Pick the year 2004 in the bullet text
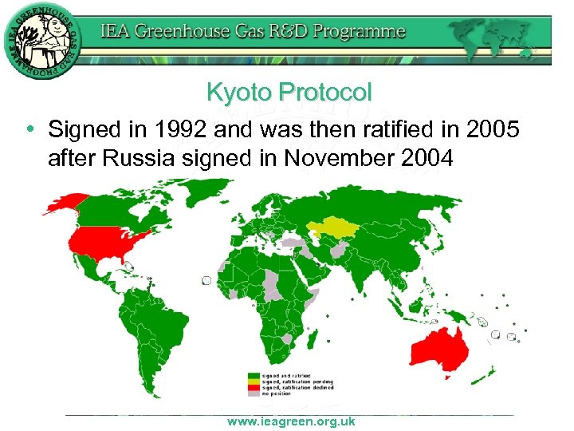(424, 160)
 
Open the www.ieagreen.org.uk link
(290, 421)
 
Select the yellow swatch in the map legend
(253, 382)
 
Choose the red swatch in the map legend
(253, 387)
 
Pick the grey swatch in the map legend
(253, 393)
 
